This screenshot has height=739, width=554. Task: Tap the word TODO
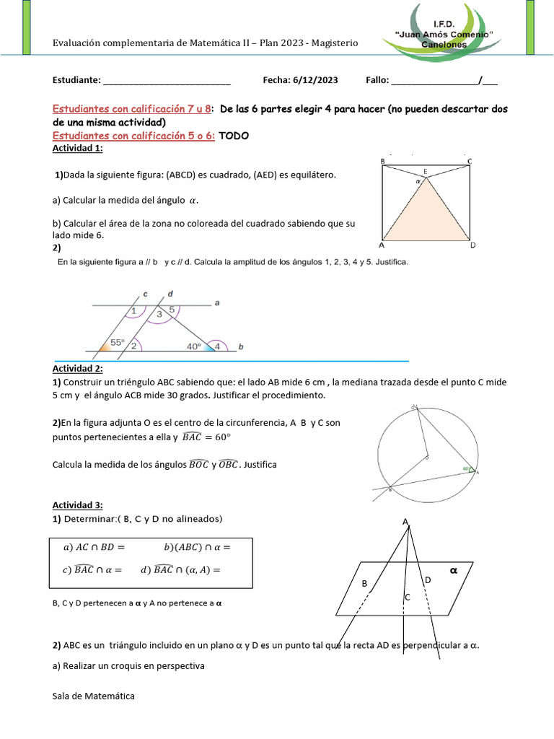234,136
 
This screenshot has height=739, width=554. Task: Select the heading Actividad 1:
78,148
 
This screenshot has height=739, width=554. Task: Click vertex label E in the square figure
426,171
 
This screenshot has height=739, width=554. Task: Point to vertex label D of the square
472,245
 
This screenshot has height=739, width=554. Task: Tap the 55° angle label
117,344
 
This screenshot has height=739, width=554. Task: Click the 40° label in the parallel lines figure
194,346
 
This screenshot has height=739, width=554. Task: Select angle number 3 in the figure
159,314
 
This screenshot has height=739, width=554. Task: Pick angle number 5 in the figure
172,310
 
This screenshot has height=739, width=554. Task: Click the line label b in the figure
241,347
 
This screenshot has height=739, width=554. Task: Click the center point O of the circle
426,457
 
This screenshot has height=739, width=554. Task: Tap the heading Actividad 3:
78,504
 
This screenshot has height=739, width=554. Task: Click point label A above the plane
405,522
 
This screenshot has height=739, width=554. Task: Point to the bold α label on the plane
454,570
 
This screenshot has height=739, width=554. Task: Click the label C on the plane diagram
407,597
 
